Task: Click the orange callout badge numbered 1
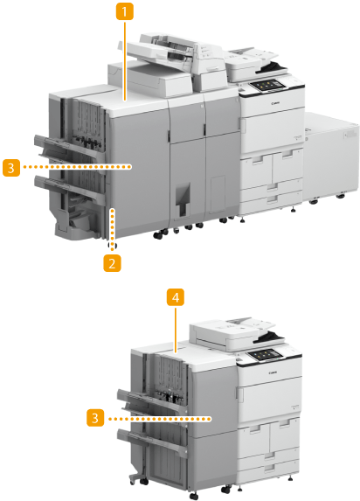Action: tap(125, 11)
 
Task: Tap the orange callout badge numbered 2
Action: tap(112, 263)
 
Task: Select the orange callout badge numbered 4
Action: tap(176, 297)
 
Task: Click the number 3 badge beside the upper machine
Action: tap(11, 167)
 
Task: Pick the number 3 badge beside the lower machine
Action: tap(95, 418)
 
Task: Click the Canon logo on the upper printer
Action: tap(275, 103)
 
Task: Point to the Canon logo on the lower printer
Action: tap(273, 372)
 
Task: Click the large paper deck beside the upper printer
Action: tap(330, 156)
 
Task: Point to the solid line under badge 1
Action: tap(125, 60)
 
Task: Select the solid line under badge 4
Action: tap(176, 329)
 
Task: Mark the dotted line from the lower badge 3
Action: tap(160, 418)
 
